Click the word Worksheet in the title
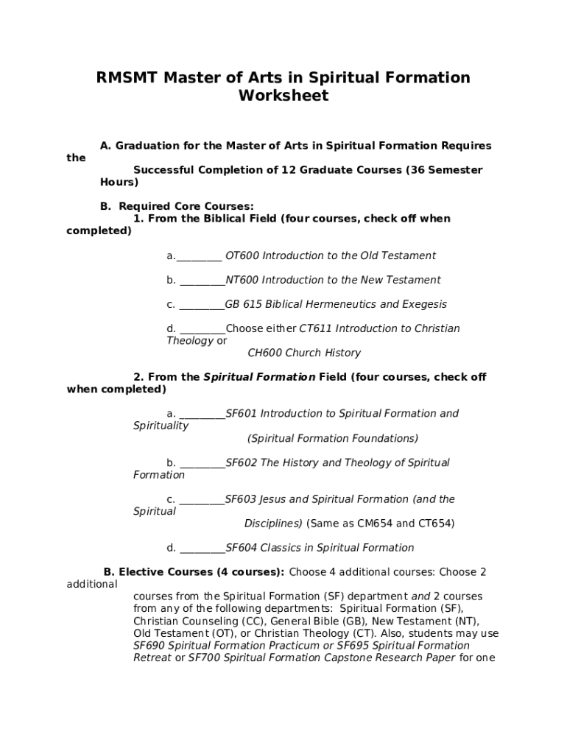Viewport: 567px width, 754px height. coord(283,96)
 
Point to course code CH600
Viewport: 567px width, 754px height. coord(264,353)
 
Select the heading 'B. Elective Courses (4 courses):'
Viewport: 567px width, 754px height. coord(194,572)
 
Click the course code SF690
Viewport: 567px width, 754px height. coord(149,646)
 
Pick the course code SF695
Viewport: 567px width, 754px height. coord(373,646)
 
